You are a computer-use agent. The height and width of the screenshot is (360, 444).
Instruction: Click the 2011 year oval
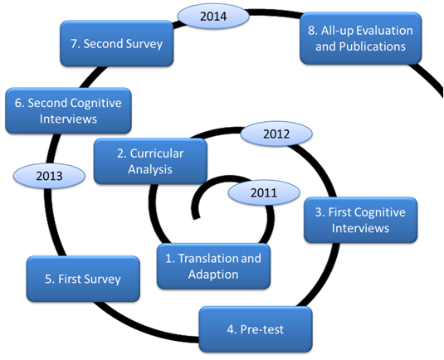(264, 192)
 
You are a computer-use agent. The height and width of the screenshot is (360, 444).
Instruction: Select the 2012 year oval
(276, 134)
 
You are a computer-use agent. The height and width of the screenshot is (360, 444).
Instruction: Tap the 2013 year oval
(49, 176)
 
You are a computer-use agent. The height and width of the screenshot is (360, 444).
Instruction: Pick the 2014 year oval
(213, 16)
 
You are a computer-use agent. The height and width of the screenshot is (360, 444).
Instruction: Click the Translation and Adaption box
(213, 266)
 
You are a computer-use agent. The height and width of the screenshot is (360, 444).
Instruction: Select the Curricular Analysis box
(150, 161)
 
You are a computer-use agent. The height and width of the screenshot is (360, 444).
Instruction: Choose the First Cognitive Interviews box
(360, 220)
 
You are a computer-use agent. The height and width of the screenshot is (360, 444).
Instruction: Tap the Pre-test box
(256, 329)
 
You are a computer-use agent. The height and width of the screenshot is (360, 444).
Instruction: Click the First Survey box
(83, 279)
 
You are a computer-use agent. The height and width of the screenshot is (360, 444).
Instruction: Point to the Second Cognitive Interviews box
(68, 110)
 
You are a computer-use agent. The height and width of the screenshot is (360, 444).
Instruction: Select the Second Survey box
(117, 43)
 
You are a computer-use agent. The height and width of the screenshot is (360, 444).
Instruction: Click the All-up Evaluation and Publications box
(361, 38)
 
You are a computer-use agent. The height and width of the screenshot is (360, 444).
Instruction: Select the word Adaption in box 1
(213, 275)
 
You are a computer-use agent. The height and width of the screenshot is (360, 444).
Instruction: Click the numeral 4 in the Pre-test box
(230, 329)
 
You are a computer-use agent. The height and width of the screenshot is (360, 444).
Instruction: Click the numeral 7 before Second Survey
(74, 44)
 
